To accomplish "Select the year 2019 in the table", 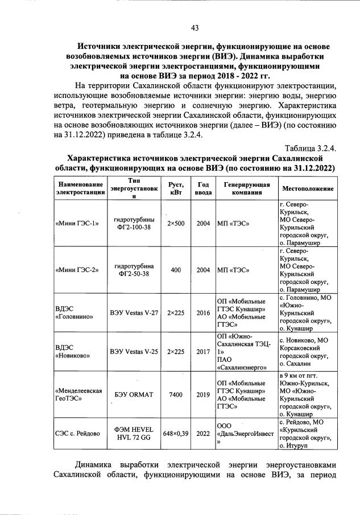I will point(203,394).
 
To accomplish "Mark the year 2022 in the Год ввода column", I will point(203,433).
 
